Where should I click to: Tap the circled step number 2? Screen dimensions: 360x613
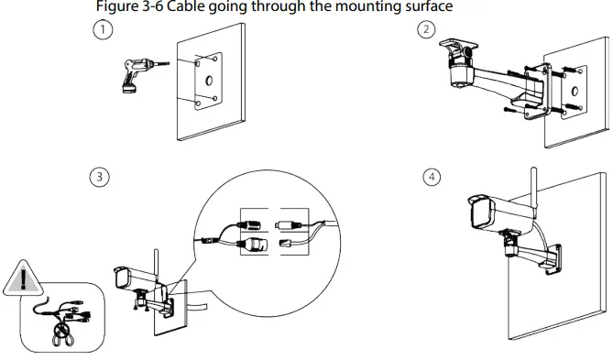(x=425, y=30)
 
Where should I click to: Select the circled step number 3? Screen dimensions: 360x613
(x=95, y=177)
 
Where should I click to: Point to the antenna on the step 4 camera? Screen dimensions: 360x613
(x=531, y=188)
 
